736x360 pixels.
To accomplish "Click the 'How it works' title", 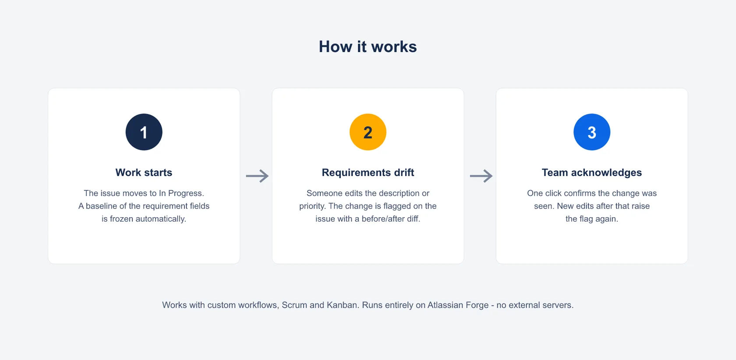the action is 368,46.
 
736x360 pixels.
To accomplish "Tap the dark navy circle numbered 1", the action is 144,132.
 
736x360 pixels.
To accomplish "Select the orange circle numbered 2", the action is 368,132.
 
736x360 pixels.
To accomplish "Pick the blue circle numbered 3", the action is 592,132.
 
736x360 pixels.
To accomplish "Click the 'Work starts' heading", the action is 144,173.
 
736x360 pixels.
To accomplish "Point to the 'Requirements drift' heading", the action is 368,173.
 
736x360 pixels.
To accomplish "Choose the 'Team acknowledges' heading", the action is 592,173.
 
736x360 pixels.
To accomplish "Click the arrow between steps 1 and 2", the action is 257,176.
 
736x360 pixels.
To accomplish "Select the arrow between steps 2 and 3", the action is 481,176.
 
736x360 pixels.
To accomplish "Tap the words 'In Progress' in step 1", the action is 181,193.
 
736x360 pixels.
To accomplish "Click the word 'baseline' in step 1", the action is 101,206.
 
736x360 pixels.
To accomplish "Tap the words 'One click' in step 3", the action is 545,193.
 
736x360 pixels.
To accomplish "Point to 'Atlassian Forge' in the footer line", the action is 458,305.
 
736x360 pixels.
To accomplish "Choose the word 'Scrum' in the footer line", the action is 294,305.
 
